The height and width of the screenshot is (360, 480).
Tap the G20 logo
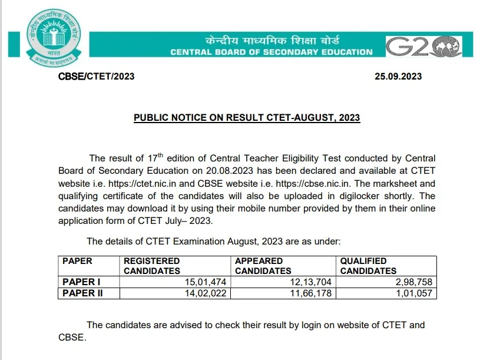(x=423, y=47)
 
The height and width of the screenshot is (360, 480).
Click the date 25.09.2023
(x=398, y=77)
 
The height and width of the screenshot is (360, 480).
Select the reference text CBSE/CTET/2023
(x=96, y=77)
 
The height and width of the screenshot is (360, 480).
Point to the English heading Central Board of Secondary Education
(x=272, y=52)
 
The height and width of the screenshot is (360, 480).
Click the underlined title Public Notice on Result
(x=247, y=117)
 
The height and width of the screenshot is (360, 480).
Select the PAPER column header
(x=78, y=261)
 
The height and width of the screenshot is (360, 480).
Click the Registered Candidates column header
(x=152, y=266)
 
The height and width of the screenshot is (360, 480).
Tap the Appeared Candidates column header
(x=263, y=266)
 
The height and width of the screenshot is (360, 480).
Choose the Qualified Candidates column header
(x=368, y=266)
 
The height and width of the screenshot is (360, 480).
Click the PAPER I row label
(x=81, y=282)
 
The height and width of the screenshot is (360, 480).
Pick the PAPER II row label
(x=82, y=293)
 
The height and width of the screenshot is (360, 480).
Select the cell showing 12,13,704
(x=311, y=282)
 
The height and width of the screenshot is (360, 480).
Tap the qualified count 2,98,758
(x=415, y=282)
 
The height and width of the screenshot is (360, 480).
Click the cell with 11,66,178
(x=311, y=293)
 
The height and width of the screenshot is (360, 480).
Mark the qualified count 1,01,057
(x=415, y=293)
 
